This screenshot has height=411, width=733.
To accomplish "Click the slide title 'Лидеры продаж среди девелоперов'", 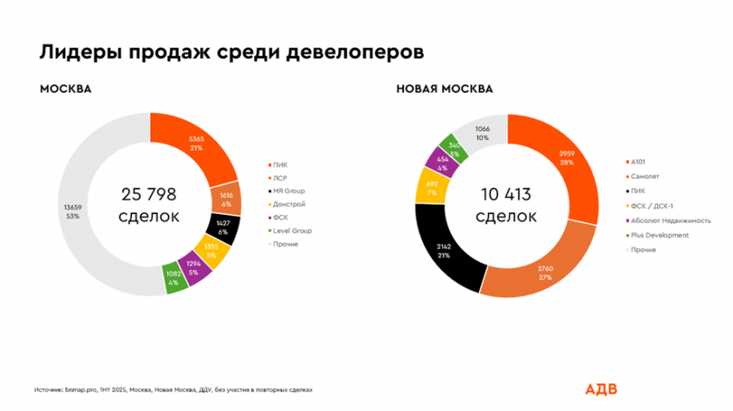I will (x=232, y=53).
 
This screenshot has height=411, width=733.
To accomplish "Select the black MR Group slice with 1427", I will (x=222, y=229).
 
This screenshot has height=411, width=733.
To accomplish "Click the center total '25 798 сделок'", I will (x=149, y=205).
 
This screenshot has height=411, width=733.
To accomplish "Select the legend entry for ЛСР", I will (x=280, y=178).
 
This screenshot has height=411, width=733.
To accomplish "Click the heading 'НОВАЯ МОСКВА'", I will (x=444, y=89).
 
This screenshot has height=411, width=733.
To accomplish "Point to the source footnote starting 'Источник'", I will (x=173, y=390).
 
